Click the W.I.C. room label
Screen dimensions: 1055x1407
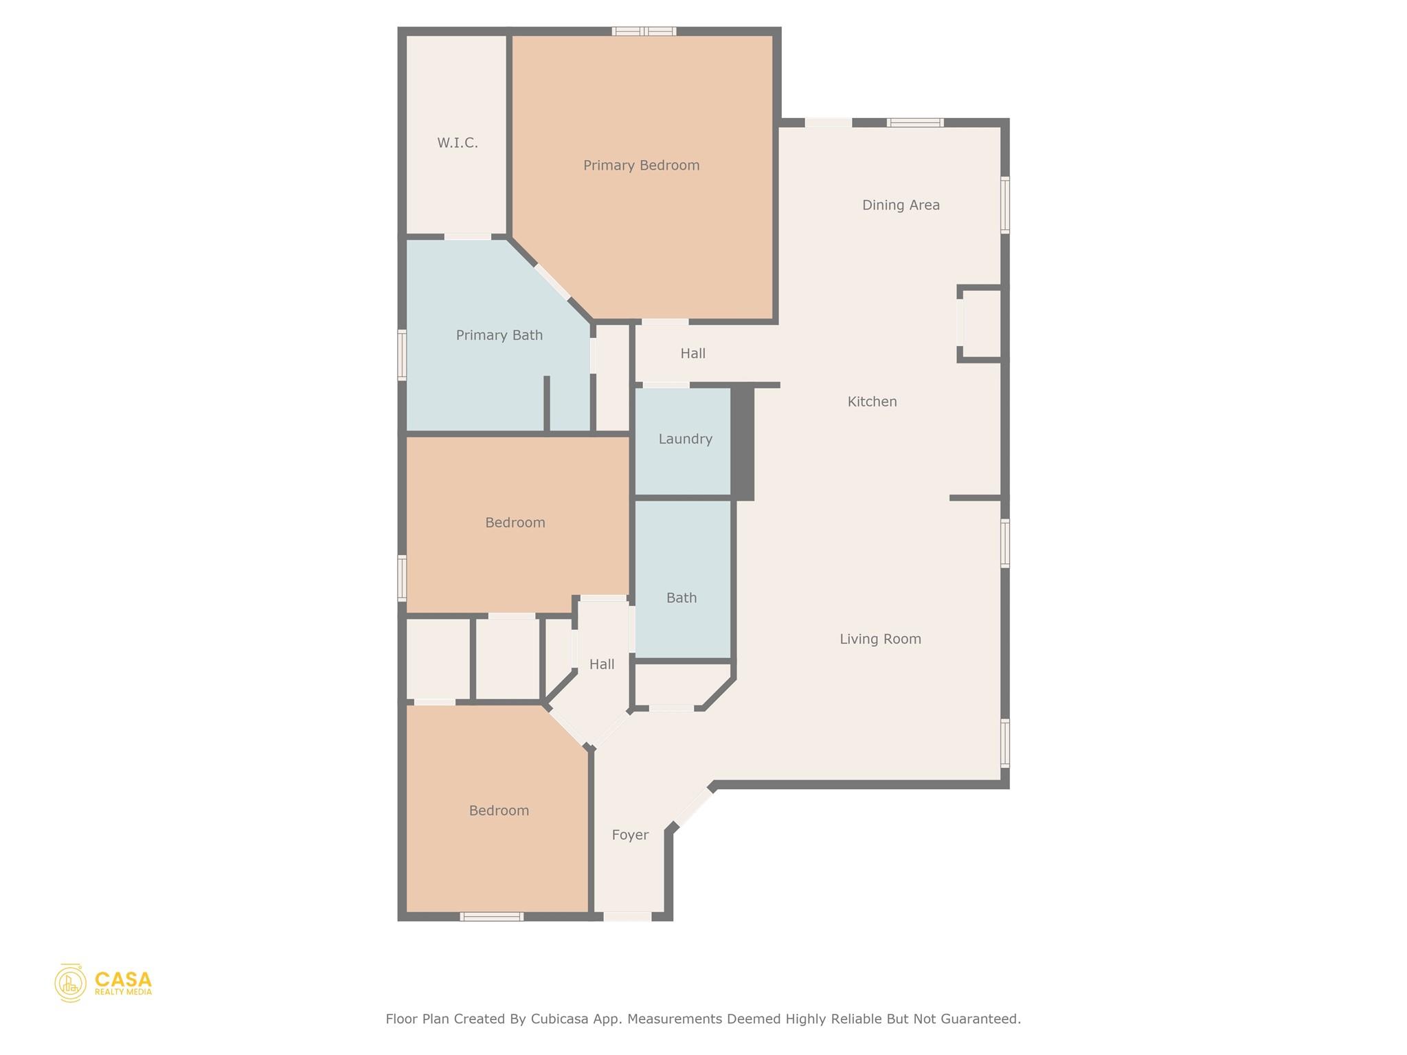point(458,143)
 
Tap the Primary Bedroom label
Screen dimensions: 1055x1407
point(641,166)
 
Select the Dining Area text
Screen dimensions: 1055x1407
point(901,205)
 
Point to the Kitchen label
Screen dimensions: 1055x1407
point(872,402)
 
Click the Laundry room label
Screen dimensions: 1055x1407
point(685,439)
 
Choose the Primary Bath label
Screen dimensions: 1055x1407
point(499,335)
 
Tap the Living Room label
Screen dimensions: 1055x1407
point(880,639)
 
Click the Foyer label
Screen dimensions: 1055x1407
point(630,835)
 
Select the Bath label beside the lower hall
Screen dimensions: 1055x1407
point(682,598)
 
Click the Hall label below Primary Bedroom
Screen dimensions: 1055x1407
point(693,354)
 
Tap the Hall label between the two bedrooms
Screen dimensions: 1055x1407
point(602,665)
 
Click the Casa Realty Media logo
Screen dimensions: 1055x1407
point(103,983)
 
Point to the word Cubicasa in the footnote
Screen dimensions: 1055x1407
point(559,1019)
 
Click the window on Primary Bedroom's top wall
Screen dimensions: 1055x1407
point(644,31)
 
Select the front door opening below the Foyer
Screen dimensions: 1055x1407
point(627,916)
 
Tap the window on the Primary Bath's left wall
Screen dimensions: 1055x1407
point(402,354)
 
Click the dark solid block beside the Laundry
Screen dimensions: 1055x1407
point(743,443)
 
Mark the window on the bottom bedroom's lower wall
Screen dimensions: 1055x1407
point(491,916)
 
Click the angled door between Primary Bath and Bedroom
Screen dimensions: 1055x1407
point(552,282)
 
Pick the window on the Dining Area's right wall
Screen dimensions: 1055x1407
point(1004,205)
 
